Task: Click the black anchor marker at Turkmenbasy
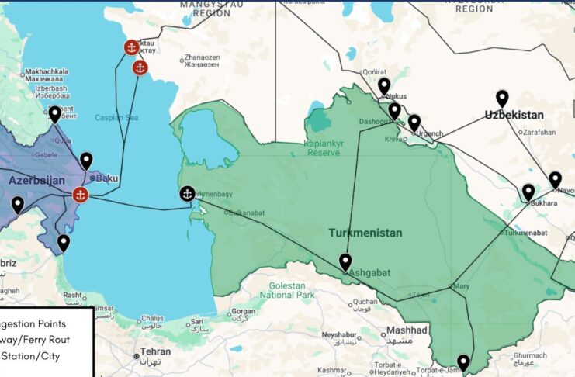(187, 194)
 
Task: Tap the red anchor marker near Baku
(80, 194)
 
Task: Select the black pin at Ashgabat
(345, 261)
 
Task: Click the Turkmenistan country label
(365, 233)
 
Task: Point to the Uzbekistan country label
(514, 115)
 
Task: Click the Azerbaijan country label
(36, 180)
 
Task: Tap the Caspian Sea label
(116, 118)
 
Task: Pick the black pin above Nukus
(384, 85)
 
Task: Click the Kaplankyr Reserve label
(334, 148)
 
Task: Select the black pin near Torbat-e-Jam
(463, 361)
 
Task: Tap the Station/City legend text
(30, 356)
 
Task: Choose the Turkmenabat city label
(529, 233)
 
